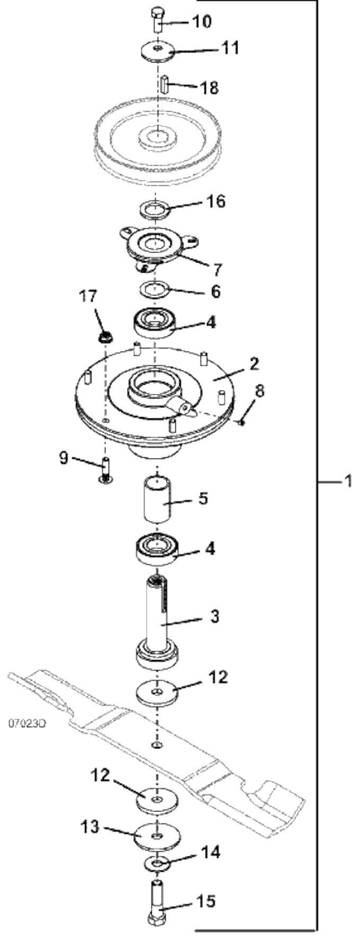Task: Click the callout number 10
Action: pyautogui.click(x=201, y=22)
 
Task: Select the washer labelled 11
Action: pyautogui.click(x=158, y=53)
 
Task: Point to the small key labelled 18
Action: pyautogui.click(x=165, y=84)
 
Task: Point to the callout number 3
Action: pyautogui.click(x=214, y=617)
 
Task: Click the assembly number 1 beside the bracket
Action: pyautogui.click(x=347, y=481)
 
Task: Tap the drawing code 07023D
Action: pyautogui.click(x=26, y=723)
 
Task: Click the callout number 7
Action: pyautogui.click(x=217, y=269)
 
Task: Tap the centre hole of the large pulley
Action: pyautogui.click(x=157, y=137)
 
